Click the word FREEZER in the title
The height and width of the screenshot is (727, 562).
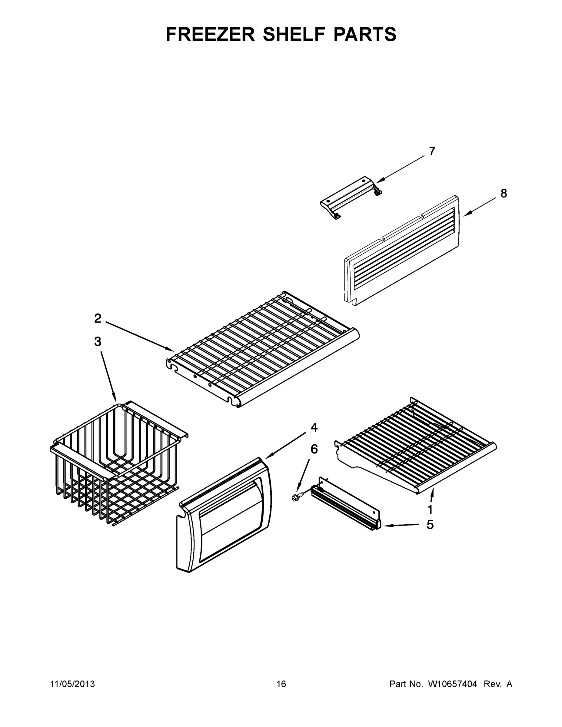[211, 34]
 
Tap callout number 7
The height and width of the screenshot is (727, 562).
[432, 151]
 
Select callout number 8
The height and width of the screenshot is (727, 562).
[504, 193]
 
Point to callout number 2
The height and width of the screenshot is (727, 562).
[98, 319]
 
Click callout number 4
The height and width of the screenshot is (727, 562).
[314, 428]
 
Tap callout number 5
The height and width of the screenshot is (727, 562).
[430, 525]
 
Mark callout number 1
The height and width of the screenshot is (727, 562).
[430, 509]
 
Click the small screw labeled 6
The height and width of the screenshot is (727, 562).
[296, 497]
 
